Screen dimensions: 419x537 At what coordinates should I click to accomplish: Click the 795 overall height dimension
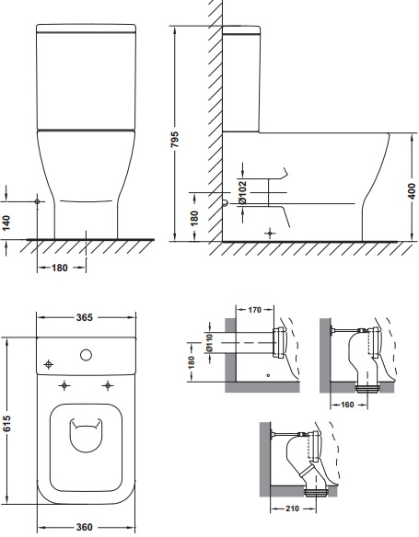coord(175,139)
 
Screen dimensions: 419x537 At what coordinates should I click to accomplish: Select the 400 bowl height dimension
coord(411,190)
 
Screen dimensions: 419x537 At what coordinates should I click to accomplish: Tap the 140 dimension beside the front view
coord(6,223)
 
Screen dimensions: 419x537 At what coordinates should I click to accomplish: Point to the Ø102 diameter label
coord(242,193)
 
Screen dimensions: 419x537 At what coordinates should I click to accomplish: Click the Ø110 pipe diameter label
coord(209,343)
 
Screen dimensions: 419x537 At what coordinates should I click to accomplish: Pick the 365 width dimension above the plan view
coord(85,317)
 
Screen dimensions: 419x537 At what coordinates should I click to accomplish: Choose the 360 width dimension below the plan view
coord(85,527)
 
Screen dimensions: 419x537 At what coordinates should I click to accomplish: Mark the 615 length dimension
coord(6,423)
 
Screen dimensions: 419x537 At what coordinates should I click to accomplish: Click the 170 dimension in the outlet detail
coord(254,310)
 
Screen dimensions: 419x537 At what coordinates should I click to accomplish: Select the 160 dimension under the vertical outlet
coord(347,405)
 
